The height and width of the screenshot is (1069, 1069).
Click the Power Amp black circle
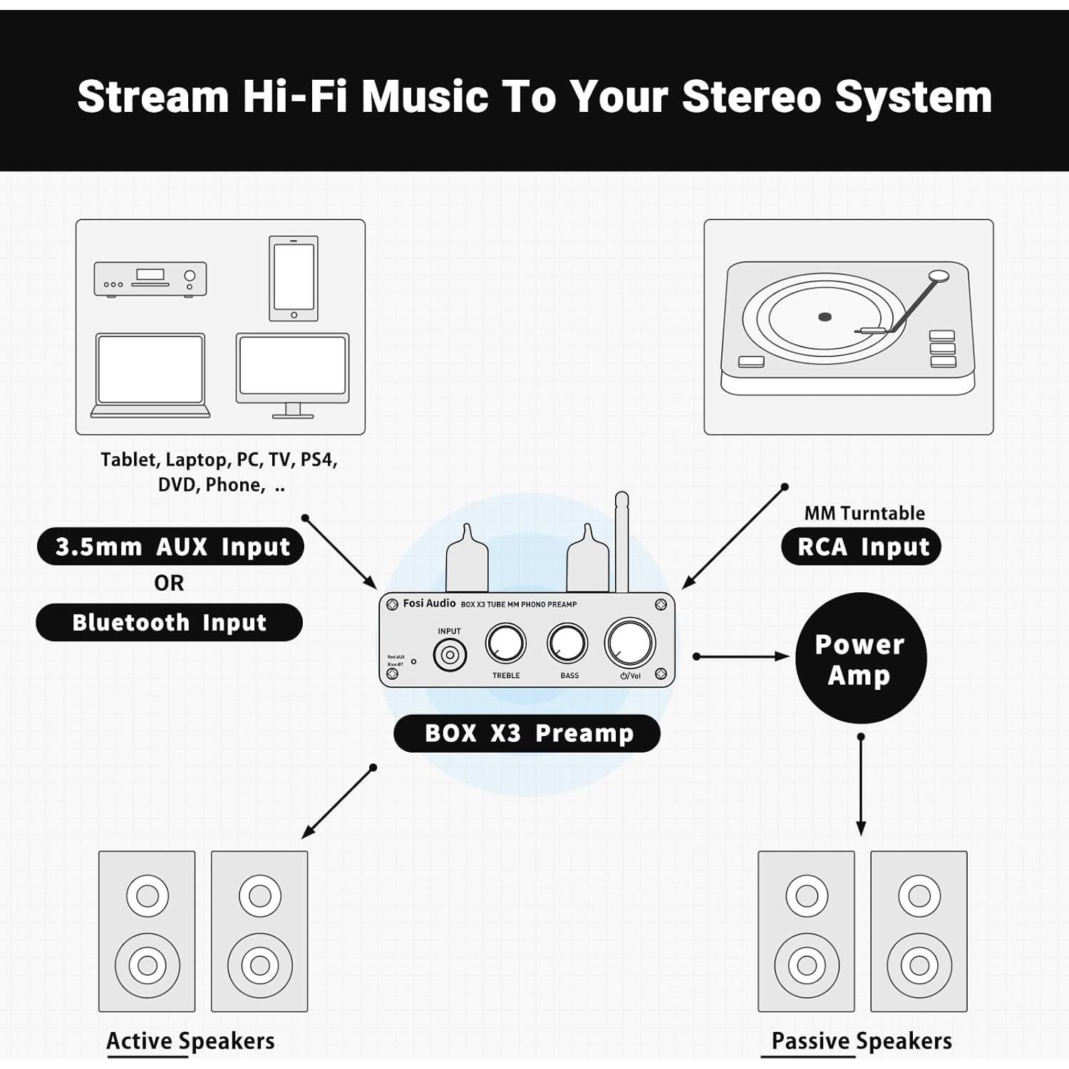pyautogui.click(x=860, y=658)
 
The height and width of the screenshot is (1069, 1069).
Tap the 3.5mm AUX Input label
pyautogui.click(x=171, y=547)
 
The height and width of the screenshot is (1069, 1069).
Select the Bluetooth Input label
pyautogui.click(x=170, y=622)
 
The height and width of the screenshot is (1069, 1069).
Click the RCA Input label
pyautogui.click(x=862, y=547)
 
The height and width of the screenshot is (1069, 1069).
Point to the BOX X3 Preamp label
pyautogui.click(x=527, y=733)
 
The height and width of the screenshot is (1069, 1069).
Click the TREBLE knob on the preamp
pyautogui.click(x=506, y=644)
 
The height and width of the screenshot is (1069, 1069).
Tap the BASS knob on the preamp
pyautogui.click(x=568, y=644)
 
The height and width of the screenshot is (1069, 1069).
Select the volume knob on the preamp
pyautogui.click(x=630, y=642)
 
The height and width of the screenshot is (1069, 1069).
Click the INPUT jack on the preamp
pyautogui.click(x=450, y=654)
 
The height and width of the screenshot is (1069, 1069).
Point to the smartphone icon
pyautogui.click(x=294, y=279)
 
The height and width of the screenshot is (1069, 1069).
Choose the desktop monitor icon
pyautogui.click(x=293, y=375)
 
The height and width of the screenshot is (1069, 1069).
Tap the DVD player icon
pyautogui.click(x=150, y=279)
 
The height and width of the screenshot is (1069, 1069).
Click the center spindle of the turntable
pyautogui.click(x=825, y=316)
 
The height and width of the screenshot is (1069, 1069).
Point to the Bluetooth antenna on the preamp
pyautogui.click(x=621, y=542)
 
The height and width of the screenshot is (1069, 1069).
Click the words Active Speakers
pyautogui.click(x=190, y=1041)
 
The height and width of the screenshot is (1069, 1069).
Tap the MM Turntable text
pyautogui.click(x=864, y=513)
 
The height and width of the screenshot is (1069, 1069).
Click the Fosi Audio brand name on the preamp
pyautogui.click(x=429, y=604)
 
